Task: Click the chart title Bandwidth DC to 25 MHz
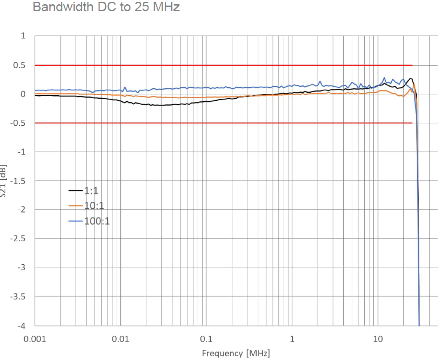(x=106, y=7)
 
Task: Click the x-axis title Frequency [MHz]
(x=236, y=353)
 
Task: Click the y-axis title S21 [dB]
(x=3, y=180)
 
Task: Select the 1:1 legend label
(x=91, y=190)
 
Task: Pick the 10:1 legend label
(x=94, y=206)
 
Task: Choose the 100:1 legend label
(x=97, y=221)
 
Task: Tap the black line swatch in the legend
(x=76, y=190)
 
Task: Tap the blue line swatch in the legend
(x=76, y=221)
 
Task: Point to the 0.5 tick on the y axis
(x=20, y=65)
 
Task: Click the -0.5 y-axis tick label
(x=18, y=123)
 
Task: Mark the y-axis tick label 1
(x=23, y=36)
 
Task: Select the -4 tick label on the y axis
(x=21, y=326)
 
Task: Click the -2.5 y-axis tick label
(x=18, y=239)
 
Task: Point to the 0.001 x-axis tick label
(x=35, y=339)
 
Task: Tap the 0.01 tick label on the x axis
(x=121, y=339)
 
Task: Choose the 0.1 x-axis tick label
(x=206, y=339)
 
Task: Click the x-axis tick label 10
(x=378, y=339)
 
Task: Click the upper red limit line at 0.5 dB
(x=215, y=65)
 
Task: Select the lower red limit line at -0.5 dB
(x=215, y=123)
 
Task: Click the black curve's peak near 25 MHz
(x=411, y=79)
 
